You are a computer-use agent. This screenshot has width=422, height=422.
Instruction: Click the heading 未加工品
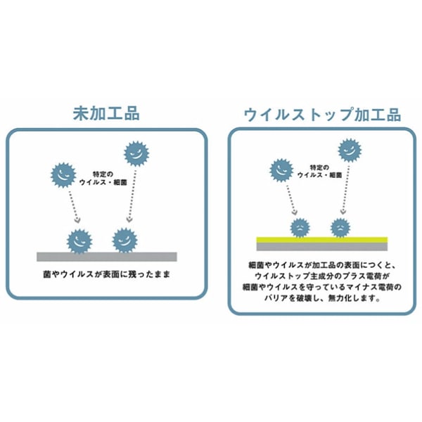(106, 113)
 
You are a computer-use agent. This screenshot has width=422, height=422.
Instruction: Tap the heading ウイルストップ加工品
(322, 114)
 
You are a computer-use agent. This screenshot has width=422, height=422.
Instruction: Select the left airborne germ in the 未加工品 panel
(63, 174)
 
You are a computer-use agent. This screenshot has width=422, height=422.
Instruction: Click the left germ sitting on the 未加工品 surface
(79, 240)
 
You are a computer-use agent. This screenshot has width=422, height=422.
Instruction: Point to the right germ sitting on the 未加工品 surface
(124, 239)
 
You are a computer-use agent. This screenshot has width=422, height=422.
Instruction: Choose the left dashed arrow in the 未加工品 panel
(70, 207)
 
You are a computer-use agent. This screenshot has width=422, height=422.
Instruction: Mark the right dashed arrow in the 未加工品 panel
(130, 197)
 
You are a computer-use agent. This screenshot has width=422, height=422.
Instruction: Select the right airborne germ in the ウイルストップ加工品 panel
(349, 150)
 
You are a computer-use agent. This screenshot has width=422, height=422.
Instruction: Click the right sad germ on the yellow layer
(340, 226)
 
